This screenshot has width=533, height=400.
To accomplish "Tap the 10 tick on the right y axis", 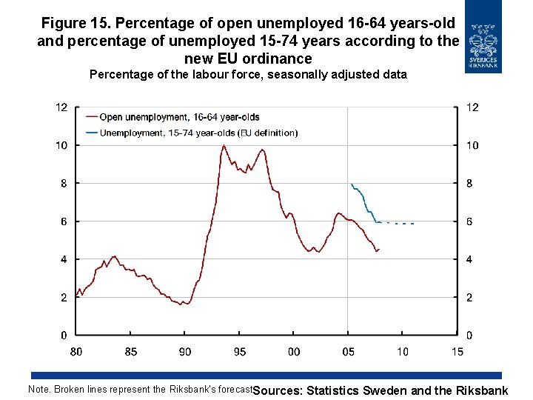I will coord(472,145).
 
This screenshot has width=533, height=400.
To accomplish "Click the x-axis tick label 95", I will coord(240,352).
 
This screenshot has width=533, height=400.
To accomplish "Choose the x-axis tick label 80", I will coord(76,352).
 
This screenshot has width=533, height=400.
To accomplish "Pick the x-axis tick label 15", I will coord(457,352).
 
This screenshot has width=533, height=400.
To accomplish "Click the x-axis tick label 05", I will coord(348,352).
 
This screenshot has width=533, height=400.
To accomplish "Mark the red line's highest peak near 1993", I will coord(224,145).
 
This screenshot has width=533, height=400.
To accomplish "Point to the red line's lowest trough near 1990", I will coord(187,304).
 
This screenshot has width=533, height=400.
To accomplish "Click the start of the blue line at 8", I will coord(352,184).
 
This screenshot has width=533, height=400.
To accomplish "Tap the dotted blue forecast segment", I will coord(400,223).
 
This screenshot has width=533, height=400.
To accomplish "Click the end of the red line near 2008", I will coord(378,250).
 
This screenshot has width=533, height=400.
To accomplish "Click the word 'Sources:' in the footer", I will coord(277,391).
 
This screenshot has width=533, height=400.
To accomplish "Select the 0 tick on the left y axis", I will coord(64,336).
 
